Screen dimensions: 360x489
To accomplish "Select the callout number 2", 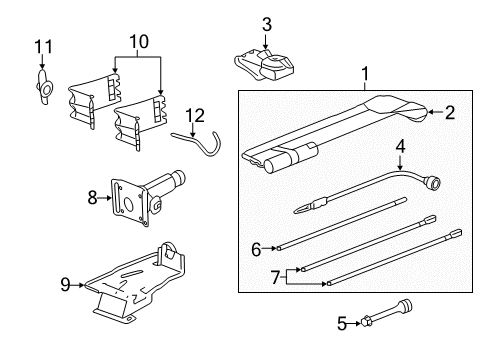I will coord(450,113).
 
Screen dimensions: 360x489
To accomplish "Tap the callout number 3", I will coord(266,24).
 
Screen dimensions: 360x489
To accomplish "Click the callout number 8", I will coord(93,198).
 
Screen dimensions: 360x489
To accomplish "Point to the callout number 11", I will coord(41,46).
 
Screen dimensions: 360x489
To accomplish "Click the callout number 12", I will coord(196,115).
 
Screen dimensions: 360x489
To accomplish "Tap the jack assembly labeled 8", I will coord(145,195).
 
